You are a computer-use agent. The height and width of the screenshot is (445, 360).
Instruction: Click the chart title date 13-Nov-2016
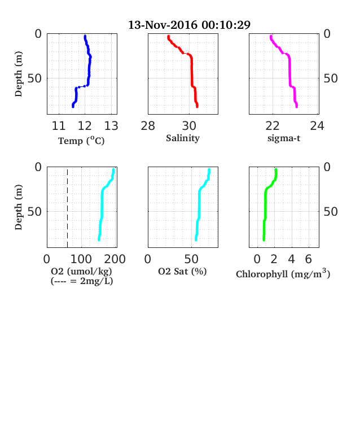(x=163, y=25)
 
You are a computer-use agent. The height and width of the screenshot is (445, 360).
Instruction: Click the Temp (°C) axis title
(x=81, y=141)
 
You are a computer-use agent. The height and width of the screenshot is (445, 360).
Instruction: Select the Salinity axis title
(x=183, y=138)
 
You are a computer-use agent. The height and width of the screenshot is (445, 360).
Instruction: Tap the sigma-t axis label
(x=284, y=138)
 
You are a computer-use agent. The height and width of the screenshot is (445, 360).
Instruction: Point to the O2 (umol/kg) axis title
(x=81, y=271)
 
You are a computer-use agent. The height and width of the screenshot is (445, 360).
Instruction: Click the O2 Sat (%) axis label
(x=182, y=271)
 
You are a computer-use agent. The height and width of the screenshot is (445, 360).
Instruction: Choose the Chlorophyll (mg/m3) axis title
(x=283, y=273)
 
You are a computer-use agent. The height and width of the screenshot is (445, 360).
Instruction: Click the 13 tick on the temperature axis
(x=111, y=126)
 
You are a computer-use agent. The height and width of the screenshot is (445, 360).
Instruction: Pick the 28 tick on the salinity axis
(x=148, y=126)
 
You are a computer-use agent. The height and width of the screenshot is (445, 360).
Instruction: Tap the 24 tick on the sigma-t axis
(x=317, y=126)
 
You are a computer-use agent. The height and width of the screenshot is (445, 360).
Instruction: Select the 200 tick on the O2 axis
(x=115, y=259)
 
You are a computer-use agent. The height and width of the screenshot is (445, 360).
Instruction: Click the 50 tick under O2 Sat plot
(x=191, y=259)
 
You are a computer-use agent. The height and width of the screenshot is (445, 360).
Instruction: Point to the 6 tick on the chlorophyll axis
(x=309, y=259)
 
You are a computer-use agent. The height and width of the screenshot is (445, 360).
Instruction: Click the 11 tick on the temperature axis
(x=59, y=126)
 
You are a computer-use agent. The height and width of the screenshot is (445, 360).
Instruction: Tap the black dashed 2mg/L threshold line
(x=68, y=207)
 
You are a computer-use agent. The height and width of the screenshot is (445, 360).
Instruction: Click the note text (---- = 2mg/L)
(x=82, y=281)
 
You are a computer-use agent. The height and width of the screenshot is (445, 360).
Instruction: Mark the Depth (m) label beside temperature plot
(x=19, y=74)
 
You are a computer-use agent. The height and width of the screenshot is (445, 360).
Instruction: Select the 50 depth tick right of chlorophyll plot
(x=331, y=212)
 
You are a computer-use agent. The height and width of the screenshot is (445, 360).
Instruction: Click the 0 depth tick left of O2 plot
(x=38, y=167)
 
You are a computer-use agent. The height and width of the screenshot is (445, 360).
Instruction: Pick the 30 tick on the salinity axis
(x=189, y=126)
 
